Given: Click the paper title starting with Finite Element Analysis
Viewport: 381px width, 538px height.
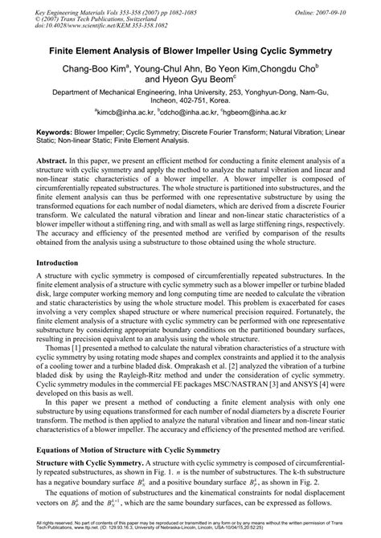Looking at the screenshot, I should coord(190,50).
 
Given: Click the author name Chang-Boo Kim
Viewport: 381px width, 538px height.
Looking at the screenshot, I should coord(95,68).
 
